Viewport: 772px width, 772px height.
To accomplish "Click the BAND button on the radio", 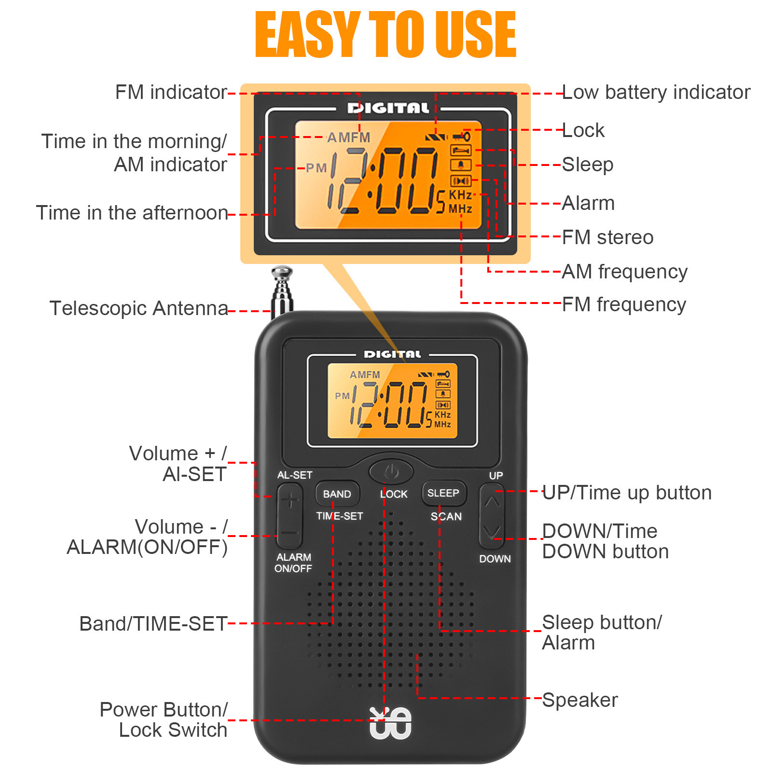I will (337, 494).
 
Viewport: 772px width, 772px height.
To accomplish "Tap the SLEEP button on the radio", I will (443, 493).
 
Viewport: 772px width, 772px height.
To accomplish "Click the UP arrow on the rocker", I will (492, 501).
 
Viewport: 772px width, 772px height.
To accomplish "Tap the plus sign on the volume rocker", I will (289, 500).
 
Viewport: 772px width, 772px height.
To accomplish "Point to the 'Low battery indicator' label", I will (656, 92).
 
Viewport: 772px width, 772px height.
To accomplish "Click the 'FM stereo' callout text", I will (608, 237).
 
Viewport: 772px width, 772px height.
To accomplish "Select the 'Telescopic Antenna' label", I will (138, 308).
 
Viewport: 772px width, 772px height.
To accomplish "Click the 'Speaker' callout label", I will (579, 700).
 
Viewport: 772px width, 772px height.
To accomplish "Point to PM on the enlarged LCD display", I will (317, 168).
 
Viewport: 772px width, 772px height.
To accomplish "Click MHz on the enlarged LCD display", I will (460, 209).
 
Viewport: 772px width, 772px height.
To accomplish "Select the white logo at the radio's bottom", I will (390, 723).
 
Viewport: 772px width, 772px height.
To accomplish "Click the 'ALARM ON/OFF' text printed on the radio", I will (293, 563).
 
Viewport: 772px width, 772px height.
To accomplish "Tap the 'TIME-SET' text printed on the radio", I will (340, 516).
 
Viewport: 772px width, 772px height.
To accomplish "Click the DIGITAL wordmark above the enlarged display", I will (388, 108).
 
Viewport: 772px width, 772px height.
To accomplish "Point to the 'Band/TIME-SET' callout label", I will (153, 624).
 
